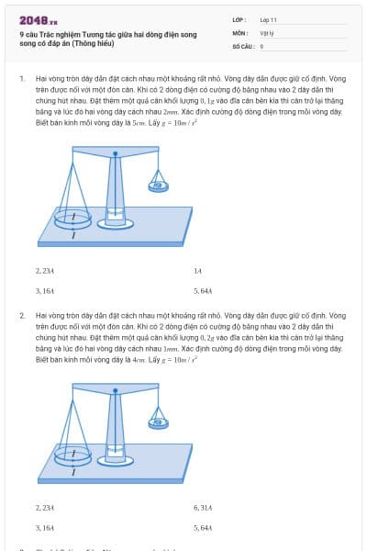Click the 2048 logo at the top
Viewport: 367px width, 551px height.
pos(38,19)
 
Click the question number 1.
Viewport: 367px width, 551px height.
pos(21,79)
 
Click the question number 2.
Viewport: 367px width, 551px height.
pos(21,316)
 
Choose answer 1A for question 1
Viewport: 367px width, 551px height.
pos(197,271)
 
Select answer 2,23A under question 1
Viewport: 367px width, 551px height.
pos(45,271)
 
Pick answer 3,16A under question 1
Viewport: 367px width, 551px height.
pos(45,290)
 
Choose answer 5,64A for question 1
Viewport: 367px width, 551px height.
pos(203,290)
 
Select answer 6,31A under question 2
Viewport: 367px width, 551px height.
pos(203,507)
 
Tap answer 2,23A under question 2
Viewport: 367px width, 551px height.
pos(45,507)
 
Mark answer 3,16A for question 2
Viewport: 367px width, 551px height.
pos(45,527)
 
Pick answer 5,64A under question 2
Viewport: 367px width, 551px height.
pos(203,527)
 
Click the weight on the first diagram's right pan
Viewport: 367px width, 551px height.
pos(160,185)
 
